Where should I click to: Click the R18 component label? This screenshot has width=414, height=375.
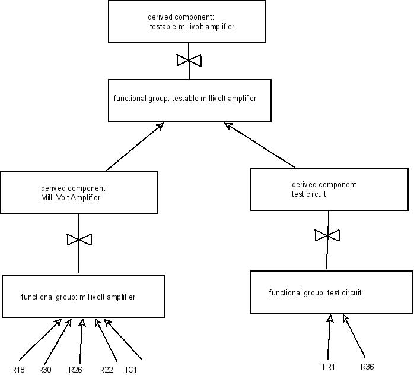[x=18, y=370]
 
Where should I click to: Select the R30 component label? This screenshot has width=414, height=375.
[x=45, y=370]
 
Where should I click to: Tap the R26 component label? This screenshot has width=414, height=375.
[x=75, y=370]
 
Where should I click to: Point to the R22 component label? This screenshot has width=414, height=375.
[x=106, y=370]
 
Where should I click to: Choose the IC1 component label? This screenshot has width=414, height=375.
[x=131, y=370]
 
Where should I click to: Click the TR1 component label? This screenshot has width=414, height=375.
[x=327, y=367]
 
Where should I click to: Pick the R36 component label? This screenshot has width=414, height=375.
[x=367, y=367]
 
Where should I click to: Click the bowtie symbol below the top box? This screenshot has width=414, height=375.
[x=189, y=60]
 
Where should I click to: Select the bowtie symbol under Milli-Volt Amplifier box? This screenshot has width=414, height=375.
[x=79, y=240]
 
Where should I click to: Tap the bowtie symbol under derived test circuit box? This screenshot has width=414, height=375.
[x=327, y=235]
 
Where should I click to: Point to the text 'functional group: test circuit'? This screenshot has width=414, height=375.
[x=315, y=293]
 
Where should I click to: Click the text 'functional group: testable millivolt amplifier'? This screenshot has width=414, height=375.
[x=185, y=99]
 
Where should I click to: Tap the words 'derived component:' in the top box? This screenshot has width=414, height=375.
[x=176, y=17]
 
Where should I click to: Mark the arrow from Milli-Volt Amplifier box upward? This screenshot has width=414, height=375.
[x=133, y=147]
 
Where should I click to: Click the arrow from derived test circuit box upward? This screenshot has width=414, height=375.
[x=261, y=146]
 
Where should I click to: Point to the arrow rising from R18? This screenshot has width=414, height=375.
[x=38, y=340]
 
